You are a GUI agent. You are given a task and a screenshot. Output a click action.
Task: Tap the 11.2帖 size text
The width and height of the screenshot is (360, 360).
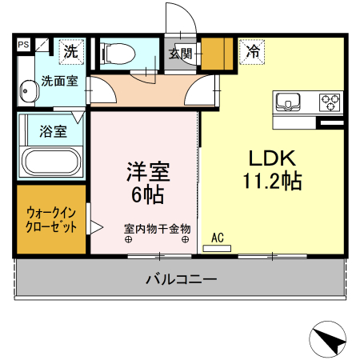click(x=272, y=181)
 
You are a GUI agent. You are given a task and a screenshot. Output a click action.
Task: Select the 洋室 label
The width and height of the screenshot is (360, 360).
click(x=148, y=171)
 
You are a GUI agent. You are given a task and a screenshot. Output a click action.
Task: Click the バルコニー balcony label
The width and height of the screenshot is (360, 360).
click(x=181, y=279)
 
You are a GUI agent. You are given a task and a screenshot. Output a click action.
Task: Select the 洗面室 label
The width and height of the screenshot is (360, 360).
click(x=58, y=80)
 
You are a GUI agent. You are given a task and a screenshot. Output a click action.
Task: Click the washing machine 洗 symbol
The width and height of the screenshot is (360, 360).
click(x=72, y=52)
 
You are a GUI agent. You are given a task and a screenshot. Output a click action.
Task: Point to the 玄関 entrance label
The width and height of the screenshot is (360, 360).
click(x=181, y=54)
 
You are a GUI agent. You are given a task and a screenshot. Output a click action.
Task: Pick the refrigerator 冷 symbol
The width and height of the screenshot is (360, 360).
click(x=252, y=53)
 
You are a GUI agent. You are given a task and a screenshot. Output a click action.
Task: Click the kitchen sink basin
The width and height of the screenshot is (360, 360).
click(x=288, y=102)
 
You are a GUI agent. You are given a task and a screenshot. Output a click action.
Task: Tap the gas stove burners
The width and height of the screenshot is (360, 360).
click(x=329, y=102)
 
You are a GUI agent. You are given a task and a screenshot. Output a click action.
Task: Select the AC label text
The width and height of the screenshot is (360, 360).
click(x=217, y=237)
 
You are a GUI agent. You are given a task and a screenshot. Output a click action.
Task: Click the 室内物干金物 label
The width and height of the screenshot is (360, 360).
click(x=157, y=228)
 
